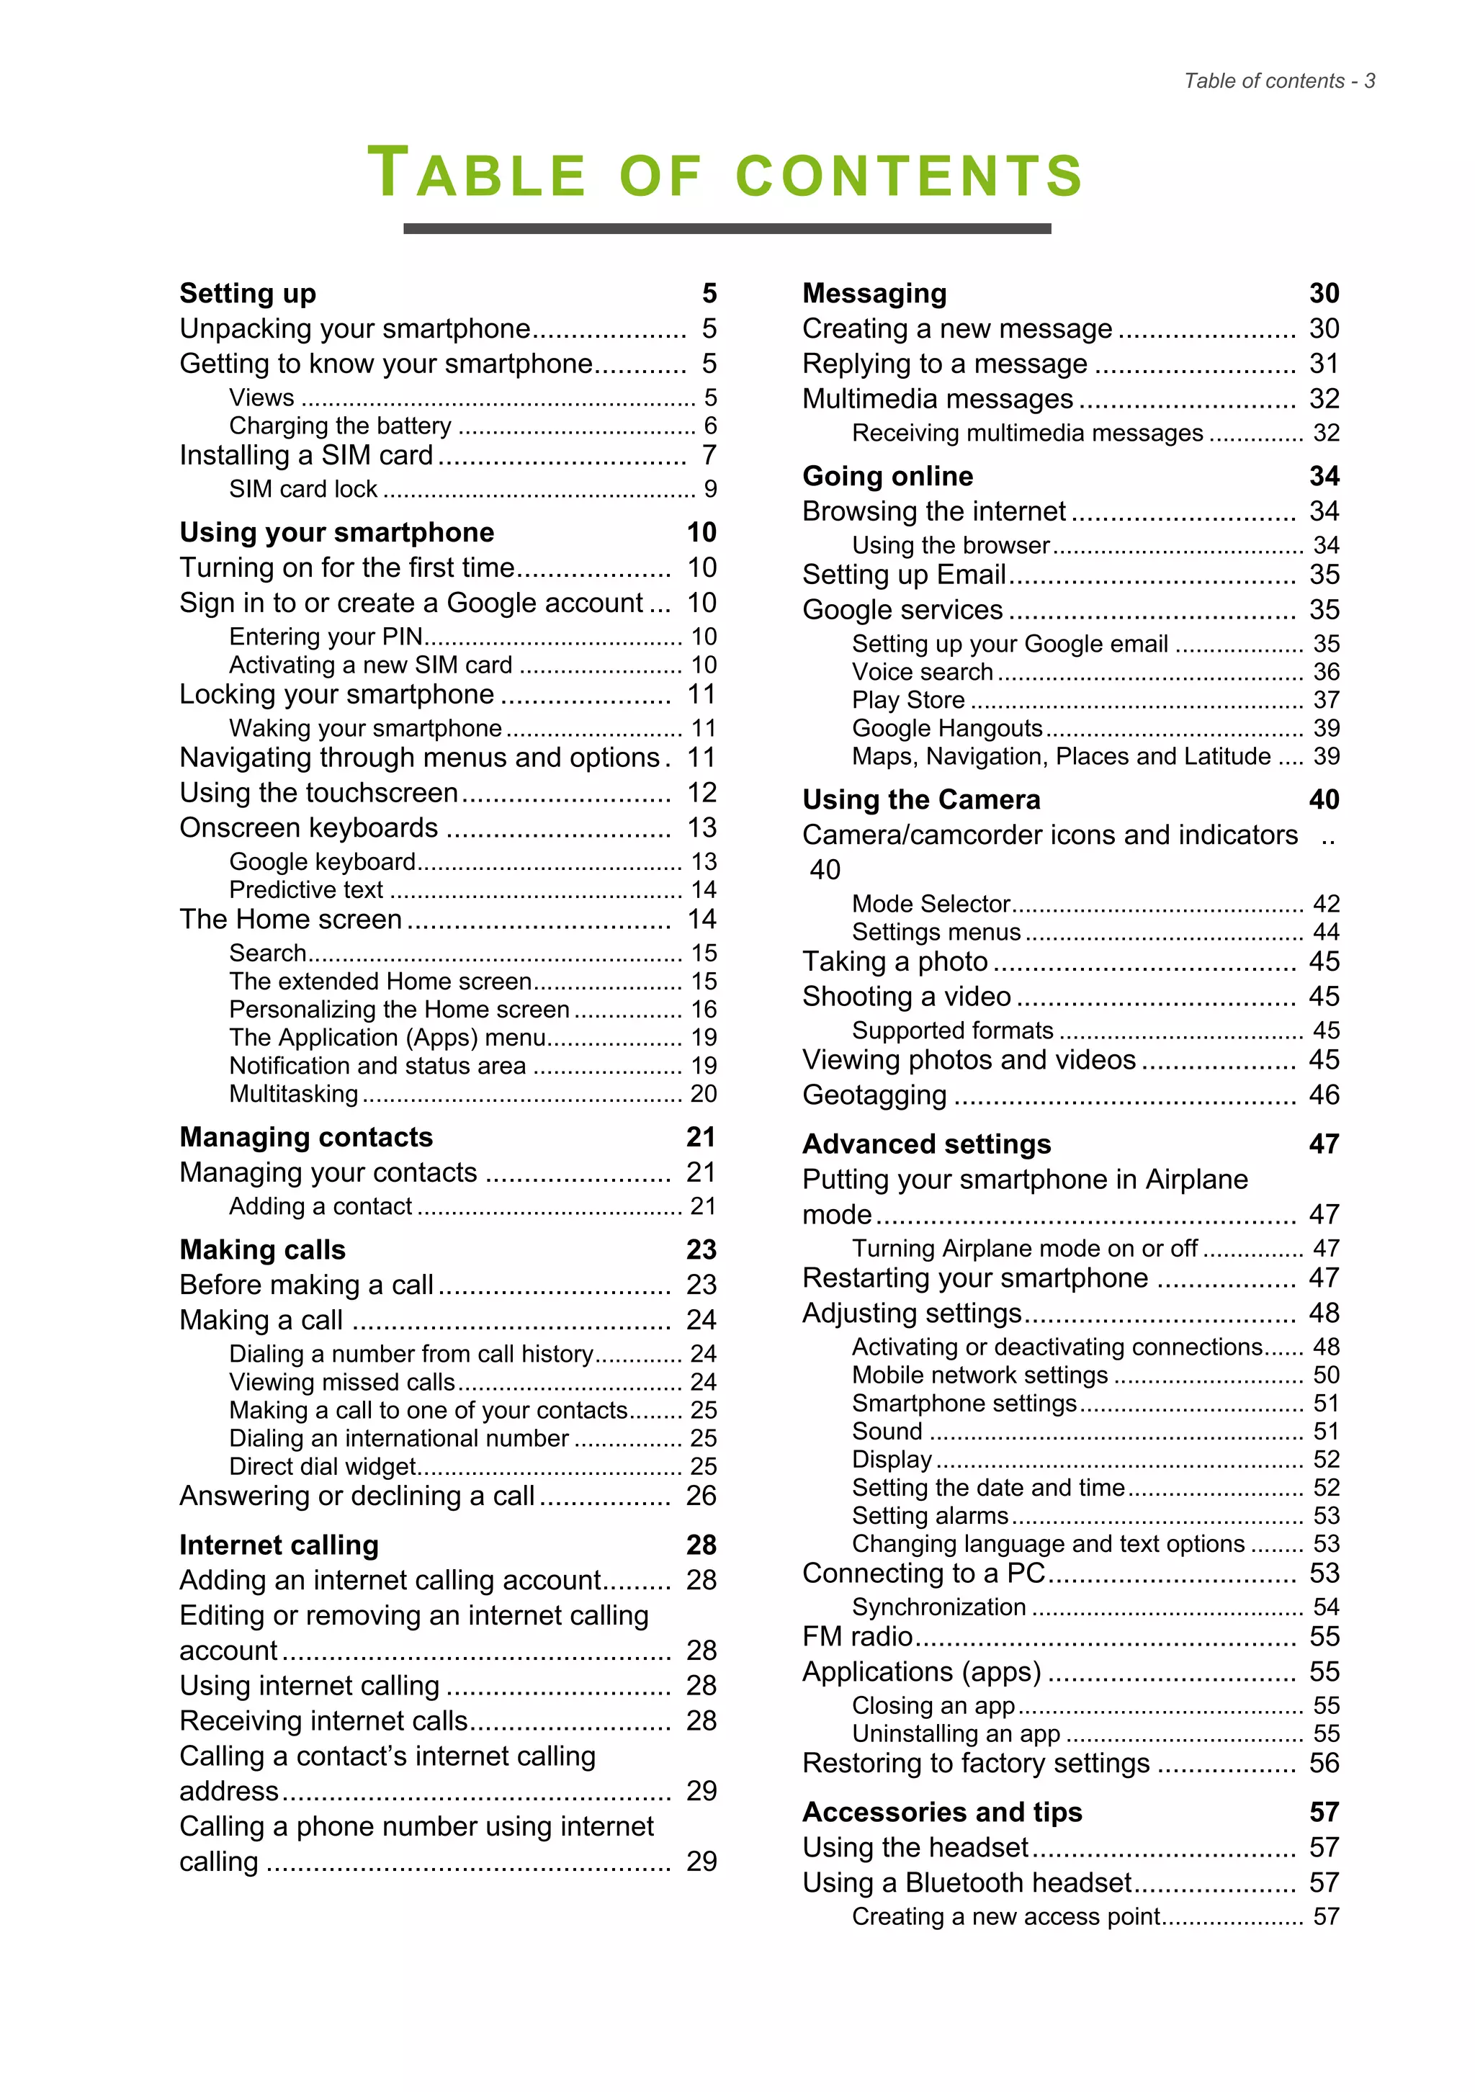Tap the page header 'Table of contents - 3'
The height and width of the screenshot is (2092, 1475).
[x=1278, y=81]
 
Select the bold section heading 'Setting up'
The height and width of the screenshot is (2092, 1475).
[x=248, y=293]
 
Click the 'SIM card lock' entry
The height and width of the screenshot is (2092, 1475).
[x=302, y=489]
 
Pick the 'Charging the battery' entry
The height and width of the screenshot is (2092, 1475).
[x=340, y=426]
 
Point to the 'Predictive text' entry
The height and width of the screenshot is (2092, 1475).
[x=305, y=889]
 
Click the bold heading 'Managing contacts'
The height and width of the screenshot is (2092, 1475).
[x=306, y=1137]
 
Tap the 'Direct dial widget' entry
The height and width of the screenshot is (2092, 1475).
[x=323, y=1466]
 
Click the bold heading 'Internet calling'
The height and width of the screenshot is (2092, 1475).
[x=279, y=1545]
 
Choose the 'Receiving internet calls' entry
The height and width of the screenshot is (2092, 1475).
[x=323, y=1720]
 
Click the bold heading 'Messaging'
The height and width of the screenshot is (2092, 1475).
[x=874, y=293]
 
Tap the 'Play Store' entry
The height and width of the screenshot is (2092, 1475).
[x=908, y=700]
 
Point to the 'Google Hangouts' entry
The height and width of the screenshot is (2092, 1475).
[x=946, y=728]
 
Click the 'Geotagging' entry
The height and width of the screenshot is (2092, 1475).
[x=874, y=1095]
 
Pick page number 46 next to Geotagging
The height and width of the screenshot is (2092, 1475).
[x=1323, y=1095]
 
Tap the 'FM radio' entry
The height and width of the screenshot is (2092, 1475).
[x=857, y=1636]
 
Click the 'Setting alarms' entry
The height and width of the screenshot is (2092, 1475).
[x=931, y=1515]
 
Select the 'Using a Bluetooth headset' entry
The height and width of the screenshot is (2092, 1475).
[x=967, y=1882]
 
